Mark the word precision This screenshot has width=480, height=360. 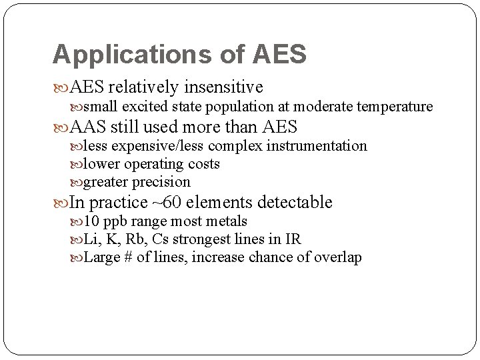[162, 182]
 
